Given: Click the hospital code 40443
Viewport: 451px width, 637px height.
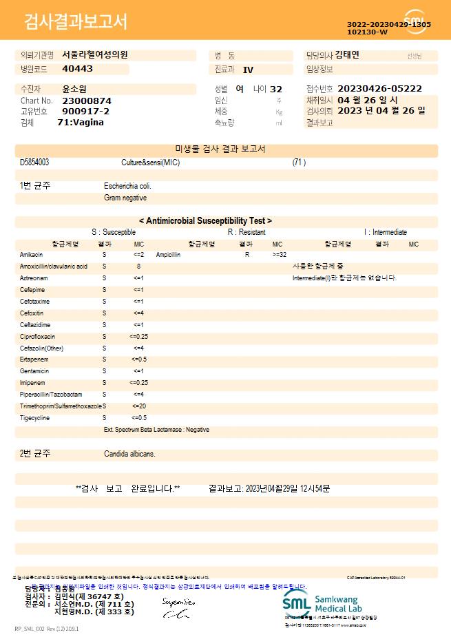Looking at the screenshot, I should [77, 69].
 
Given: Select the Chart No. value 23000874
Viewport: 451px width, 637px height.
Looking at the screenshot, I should [87, 101].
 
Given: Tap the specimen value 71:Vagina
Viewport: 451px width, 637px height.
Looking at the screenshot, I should [81, 122].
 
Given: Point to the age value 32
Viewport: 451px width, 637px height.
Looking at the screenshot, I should [276, 89].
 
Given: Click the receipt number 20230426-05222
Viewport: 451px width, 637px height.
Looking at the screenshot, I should [379, 89].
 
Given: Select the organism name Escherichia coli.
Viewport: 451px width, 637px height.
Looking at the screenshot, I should [127, 186].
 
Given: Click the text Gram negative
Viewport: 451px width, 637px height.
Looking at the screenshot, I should [125, 198].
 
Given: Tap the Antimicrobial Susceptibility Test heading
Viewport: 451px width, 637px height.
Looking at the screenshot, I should [205, 221].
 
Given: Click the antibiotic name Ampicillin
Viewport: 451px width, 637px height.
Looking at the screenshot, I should [169, 255].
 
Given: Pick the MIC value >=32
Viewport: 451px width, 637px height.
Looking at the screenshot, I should [280, 255].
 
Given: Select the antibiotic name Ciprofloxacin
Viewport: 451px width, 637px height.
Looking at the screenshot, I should [38, 337].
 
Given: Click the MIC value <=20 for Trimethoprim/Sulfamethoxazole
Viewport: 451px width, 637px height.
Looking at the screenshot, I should [138, 406].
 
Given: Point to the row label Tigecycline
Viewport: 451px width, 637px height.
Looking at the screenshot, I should [34, 418].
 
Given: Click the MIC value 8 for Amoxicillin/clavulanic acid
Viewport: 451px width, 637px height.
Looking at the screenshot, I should [138, 266].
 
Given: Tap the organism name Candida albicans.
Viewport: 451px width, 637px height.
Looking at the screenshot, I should [129, 455].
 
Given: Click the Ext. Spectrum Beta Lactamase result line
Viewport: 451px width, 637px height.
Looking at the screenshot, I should [156, 430].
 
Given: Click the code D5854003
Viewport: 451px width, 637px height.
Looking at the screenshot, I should [34, 163].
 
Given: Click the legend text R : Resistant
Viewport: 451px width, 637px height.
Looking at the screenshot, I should [247, 233].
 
